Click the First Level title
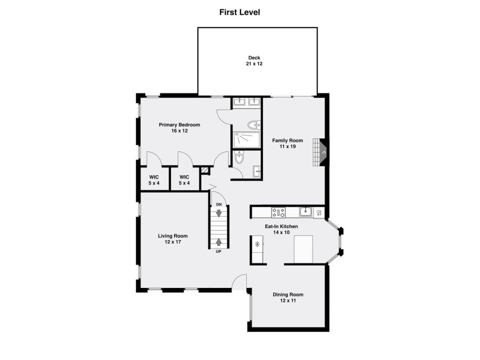point(239,12)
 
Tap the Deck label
point(254,58)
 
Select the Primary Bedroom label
point(179,125)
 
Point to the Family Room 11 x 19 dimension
point(287,147)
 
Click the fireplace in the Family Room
point(321,152)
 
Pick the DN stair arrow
point(218,213)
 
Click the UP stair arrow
point(218,242)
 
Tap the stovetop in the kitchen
point(279,212)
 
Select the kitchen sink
point(306,211)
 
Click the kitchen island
point(303,249)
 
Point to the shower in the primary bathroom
point(247,140)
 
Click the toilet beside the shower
point(254,125)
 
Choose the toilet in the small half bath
point(239,157)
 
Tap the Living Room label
point(173,235)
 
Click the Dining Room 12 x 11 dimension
point(288,301)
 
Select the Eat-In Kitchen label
point(281,226)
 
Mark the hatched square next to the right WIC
point(204,170)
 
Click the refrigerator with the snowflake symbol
point(257,244)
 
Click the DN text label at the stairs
point(219,205)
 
